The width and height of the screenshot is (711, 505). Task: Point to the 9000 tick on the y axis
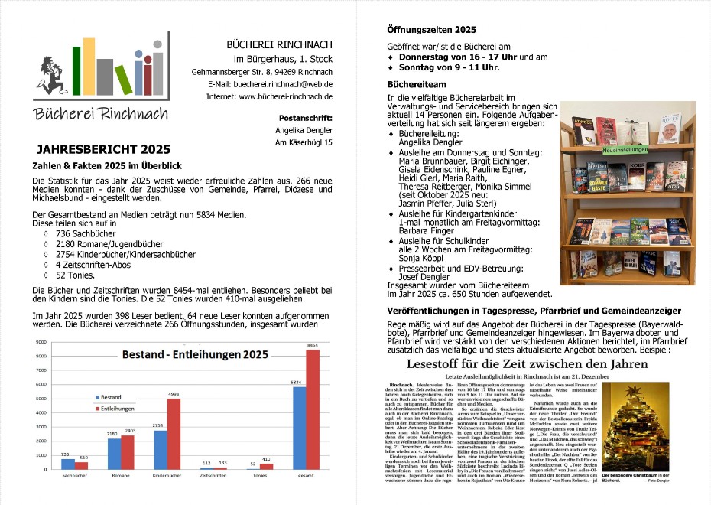(x=41, y=342)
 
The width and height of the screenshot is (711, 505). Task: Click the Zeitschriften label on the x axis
(x=213, y=475)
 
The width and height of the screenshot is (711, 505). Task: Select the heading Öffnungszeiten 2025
(x=432, y=30)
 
